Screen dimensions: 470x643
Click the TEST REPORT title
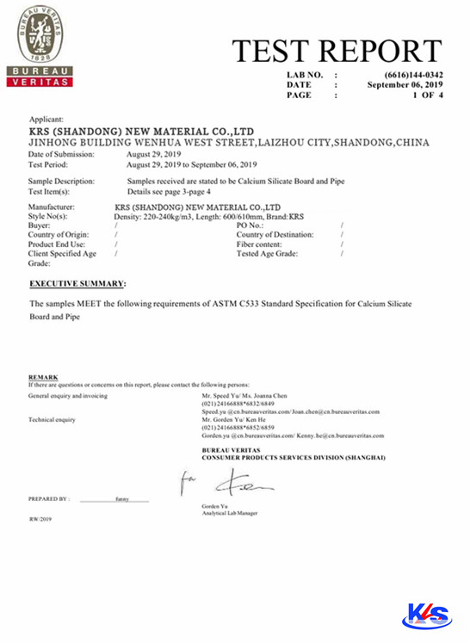pos(337,52)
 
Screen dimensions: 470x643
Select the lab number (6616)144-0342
pos(408,76)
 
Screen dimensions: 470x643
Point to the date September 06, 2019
pos(405,85)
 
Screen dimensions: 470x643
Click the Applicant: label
pos(46,120)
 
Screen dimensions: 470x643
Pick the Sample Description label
pos(61,182)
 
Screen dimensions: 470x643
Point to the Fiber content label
pos(261,244)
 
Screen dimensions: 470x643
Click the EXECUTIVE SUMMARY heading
pos(77,283)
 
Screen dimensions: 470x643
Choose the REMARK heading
pos(43,377)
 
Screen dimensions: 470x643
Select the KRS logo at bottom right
pos(426,615)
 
